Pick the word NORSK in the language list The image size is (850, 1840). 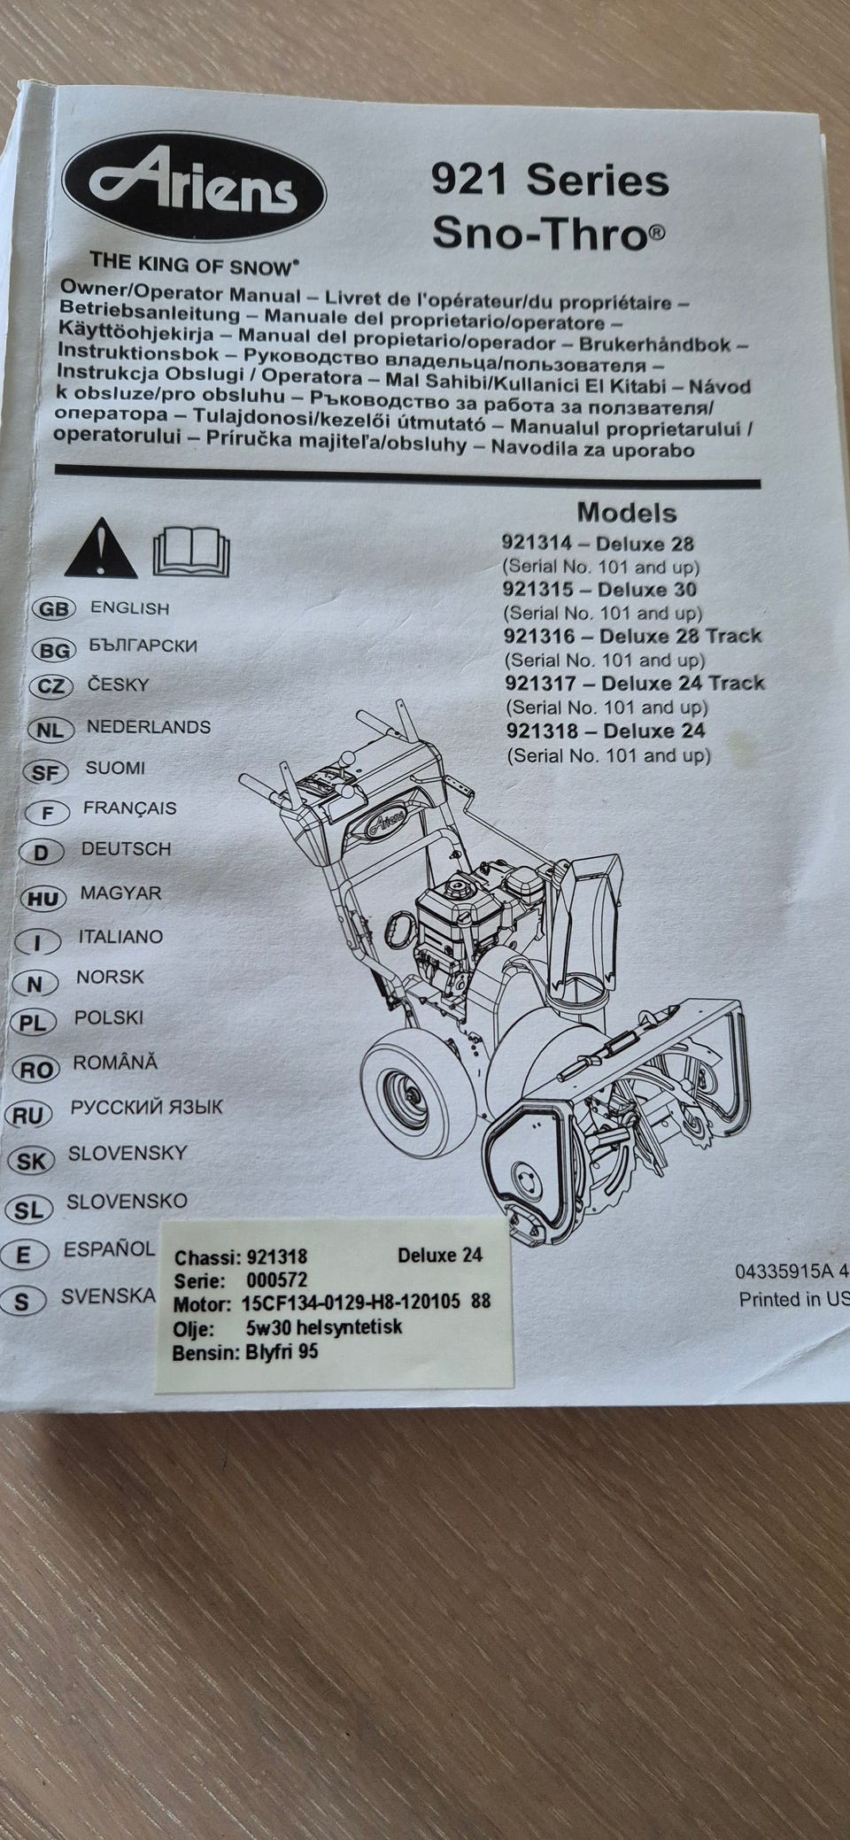(x=110, y=978)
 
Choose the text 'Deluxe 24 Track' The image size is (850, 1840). (x=683, y=683)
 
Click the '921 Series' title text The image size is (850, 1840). (x=549, y=182)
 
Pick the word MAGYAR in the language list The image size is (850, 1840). (x=121, y=893)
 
